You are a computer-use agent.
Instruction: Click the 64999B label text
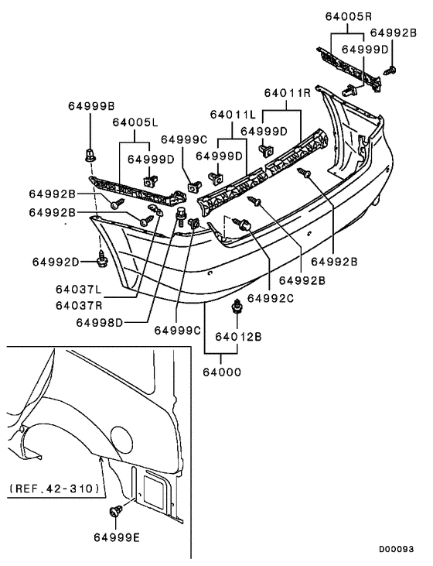click(90, 105)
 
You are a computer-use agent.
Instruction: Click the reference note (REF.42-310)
click(55, 489)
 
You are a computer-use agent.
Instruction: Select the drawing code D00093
click(395, 549)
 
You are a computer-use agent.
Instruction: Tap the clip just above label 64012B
click(236, 312)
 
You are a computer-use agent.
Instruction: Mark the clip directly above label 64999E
click(118, 511)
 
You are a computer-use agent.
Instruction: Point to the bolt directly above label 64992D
click(101, 252)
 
